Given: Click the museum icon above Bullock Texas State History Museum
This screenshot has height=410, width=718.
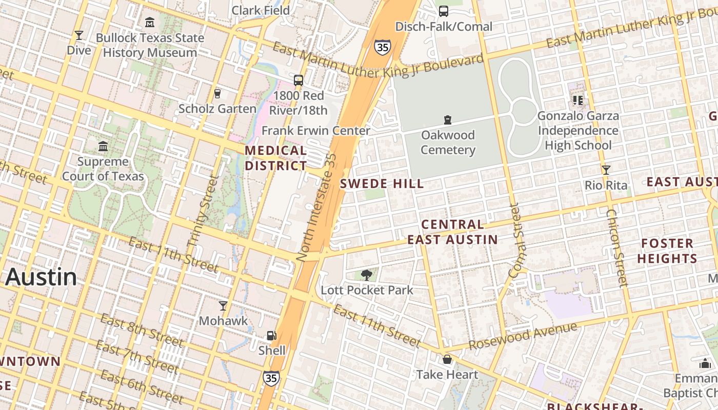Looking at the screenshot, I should point(150,23).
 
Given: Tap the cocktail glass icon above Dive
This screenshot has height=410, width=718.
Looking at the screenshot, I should point(78,35).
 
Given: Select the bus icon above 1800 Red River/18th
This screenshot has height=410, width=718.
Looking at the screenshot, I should point(298,80).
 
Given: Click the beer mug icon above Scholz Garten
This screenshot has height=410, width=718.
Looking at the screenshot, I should point(217,94).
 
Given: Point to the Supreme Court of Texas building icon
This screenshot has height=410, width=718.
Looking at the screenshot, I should point(103,147).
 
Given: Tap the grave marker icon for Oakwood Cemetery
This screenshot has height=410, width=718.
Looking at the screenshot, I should point(448,120).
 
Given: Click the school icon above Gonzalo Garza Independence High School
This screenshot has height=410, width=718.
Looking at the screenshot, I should point(578,100).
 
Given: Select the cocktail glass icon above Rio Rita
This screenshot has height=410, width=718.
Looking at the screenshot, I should point(606,170).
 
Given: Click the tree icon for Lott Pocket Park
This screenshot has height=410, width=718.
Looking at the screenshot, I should point(366,276).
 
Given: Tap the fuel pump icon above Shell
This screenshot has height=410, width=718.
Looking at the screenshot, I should point(271,336).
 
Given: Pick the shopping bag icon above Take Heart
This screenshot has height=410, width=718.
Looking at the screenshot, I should point(447,359).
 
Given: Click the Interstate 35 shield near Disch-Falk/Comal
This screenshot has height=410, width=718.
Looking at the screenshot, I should point(382,47).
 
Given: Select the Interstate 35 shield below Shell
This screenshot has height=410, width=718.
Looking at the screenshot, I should point(271,378).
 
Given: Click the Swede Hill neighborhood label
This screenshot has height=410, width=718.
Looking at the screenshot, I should point(382,183).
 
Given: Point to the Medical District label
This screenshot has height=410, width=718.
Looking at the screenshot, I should point(276,158).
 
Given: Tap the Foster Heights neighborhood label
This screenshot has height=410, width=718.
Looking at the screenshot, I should point(667,251).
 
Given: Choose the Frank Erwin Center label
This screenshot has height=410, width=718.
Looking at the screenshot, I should point(315,131).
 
